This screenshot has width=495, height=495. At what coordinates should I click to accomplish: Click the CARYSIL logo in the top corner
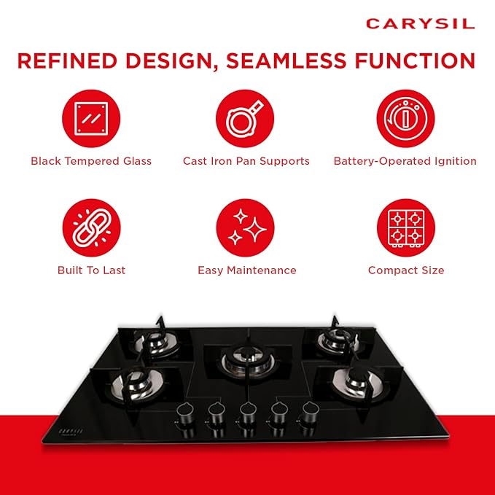pyautogui.click(x=421, y=24)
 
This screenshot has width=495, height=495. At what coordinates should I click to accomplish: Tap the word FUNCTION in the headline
pyautogui.click(x=415, y=61)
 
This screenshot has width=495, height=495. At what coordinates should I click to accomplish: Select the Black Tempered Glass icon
pyautogui.click(x=91, y=118)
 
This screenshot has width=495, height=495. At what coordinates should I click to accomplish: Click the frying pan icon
pyautogui.click(x=245, y=118)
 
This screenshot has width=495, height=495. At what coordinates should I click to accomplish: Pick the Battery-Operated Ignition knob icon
pyautogui.click(x=405, y=118)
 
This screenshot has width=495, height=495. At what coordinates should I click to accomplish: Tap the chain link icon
pyautogui.click(x=92, y=227)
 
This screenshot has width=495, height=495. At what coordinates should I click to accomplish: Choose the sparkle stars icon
pyautogui.click(x=245, y=227)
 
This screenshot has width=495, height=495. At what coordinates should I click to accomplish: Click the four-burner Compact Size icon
pyautogui.click(x=406, y=227)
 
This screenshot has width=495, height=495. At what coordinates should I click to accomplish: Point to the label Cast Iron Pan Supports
pyautogui.click(x=246, y=161)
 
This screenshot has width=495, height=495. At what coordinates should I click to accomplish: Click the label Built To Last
pyautogui.click(x=92, y=270)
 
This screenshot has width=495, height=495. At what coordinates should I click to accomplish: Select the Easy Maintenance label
pyautogui.click(x=247, y=270)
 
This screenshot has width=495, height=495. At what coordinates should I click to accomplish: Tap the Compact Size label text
pyautogui.click(x=406, y=270)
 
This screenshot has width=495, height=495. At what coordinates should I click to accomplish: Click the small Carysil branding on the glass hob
pyautogui.click(x=71, y=432)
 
